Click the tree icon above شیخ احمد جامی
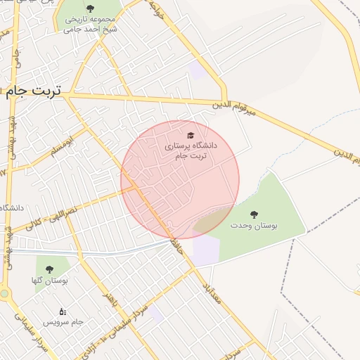tap(90, 8)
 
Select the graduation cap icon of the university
tap(189, 134)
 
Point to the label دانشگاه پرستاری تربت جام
tap(191, 150)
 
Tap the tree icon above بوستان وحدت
tap(254, 214)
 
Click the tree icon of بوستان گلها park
tap(49, 269)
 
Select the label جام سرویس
tap(63, 321)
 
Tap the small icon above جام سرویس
tap(63, 311)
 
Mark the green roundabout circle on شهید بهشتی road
tap(4, 293)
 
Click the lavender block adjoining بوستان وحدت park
tap(206, 251)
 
